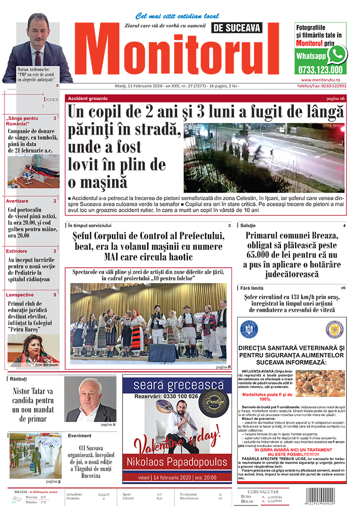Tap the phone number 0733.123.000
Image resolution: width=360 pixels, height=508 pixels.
[x=320, y=70]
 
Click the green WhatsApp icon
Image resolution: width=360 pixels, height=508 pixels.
[x=337, y=54]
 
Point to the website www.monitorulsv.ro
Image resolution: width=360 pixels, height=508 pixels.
[x=324, y=80]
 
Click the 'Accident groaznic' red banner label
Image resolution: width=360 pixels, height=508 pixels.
[x=86, y=98]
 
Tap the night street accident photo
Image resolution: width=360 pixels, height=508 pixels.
[x=264, y=157]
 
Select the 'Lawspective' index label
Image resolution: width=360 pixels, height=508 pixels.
[x=20, y=295]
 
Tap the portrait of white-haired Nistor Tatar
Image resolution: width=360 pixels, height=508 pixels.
[x=84, y=399]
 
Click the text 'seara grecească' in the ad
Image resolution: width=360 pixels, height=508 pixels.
[x=177, y=385]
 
